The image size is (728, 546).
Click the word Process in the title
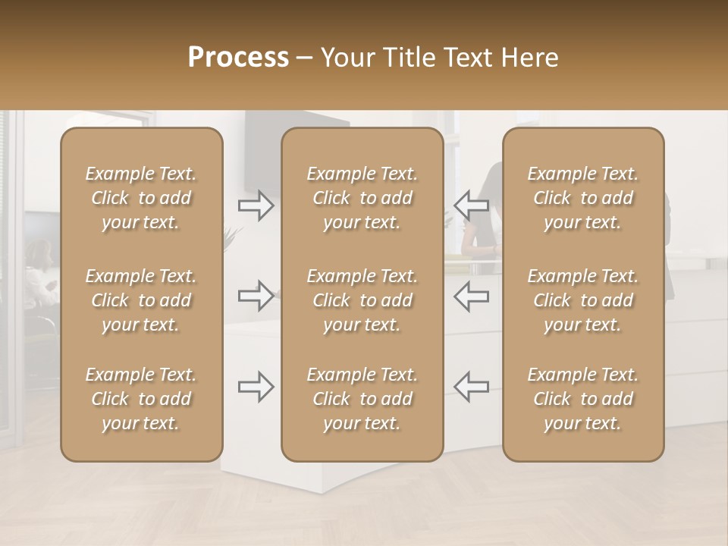tap(238, 58)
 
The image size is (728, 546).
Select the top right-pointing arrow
tap(256, 206)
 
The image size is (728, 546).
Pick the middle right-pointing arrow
tap(256, 296)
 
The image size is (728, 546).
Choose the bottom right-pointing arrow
tap(256, 387)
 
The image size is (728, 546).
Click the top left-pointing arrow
tap(472, 206)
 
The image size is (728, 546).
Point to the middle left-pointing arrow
tap(472, 296)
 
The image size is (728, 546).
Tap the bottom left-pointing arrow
tap(472, 387)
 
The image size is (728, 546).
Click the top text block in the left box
tap(141, 198)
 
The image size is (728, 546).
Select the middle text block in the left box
tap(141, 300)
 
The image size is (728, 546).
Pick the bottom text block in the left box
tap(141, 399)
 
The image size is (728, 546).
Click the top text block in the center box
tap(362, 198)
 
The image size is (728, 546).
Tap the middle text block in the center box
tap(362, 300)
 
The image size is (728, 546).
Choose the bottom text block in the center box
tap(362, 399)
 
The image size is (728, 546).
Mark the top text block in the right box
tap(583, 198)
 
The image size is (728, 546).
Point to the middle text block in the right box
tap(583, 300)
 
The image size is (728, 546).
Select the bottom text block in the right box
tap(583, 399)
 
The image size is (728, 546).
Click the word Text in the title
tap(466, 58)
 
